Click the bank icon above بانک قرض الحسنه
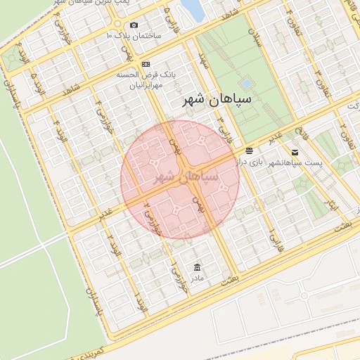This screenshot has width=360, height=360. (146, 64)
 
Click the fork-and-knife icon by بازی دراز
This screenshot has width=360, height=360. (249, 150)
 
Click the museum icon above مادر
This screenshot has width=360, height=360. (196, 266)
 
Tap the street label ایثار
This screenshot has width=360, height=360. (333, 204)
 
